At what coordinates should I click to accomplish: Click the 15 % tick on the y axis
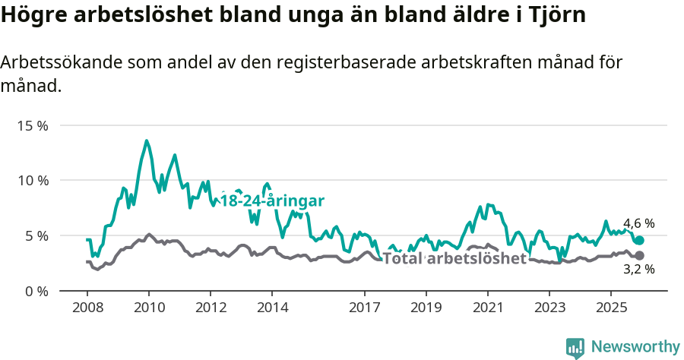[32, 125]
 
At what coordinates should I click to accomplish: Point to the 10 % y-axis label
[32, 181]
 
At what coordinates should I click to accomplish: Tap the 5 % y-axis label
[35, 235]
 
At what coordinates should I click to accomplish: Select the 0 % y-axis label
[35, 291]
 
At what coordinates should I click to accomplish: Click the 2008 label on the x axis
[87, 307]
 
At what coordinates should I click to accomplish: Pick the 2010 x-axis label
[149, 307]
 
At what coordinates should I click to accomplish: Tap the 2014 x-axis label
[272, 307]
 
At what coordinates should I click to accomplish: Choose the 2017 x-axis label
[364, 307]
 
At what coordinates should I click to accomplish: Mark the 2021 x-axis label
[487, 307]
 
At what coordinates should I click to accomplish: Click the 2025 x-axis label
[610, 307]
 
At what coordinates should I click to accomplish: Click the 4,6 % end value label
[639, 223]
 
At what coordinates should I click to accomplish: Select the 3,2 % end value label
[639, 269]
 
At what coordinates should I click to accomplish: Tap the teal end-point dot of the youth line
[639, 240]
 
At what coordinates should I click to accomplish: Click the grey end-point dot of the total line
[639, 256]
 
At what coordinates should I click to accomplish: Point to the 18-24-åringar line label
[272, 201]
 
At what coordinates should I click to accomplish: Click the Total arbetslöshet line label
[454, 258]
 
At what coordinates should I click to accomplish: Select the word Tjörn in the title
[559, 15]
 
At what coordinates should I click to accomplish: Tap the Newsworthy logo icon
[575, 348]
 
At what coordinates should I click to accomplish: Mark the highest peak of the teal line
[147, 141]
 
